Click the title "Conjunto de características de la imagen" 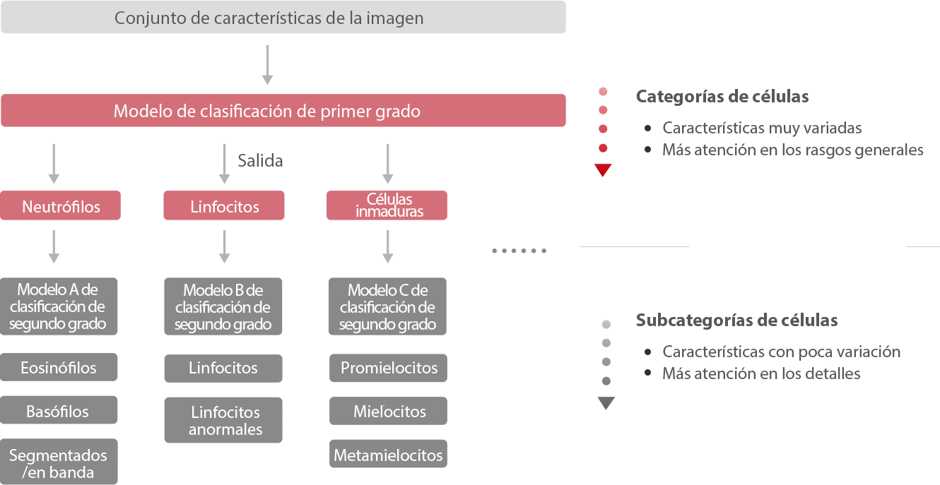click(269, 18)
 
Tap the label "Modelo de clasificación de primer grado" click(267, 111)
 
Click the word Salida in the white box click(261, 161)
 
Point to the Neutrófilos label click(61, 207)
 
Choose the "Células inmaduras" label click(389, 205)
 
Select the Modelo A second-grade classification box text click(58, 307)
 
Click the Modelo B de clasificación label click(223, 308)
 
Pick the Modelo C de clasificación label click(387, 308)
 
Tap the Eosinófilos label click(59, 368)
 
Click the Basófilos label click(57, 412)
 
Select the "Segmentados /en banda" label click(58, 464)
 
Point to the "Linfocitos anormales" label click(225, 421)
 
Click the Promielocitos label click(389, 368)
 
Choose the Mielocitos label click(389, 412)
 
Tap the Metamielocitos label click(388, 455)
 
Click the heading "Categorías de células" click(722, 97)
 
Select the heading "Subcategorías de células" click(736, 321)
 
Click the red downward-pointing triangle click(603, 170)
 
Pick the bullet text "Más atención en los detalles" click(761, 373)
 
